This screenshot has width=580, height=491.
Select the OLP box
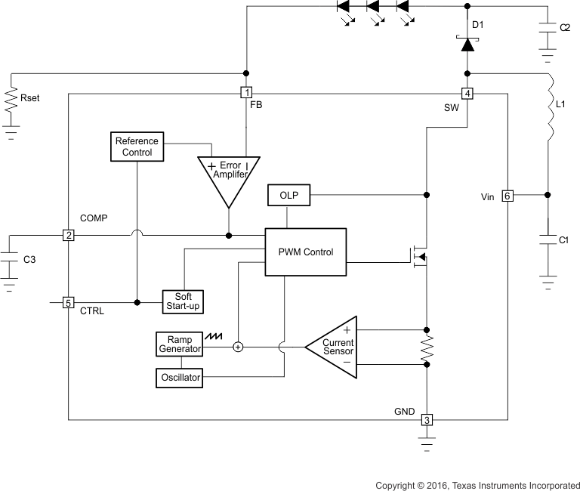coord(288,196)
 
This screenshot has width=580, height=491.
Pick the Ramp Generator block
coord(180,344)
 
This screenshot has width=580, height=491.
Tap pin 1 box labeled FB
coord(245,93)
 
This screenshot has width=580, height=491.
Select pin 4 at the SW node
coord(467,94)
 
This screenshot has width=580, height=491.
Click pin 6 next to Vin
coord(507,196)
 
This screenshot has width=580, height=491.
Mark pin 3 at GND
coord(427,420)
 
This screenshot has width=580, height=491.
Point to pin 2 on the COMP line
coord(68,235)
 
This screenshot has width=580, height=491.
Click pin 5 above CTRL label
coord(68,303)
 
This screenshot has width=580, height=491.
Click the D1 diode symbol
coord(467,45)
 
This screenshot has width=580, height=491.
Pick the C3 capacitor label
coord(29,260)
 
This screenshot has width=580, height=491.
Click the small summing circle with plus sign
coord(238,347)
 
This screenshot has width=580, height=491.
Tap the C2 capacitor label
coord(565,27)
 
